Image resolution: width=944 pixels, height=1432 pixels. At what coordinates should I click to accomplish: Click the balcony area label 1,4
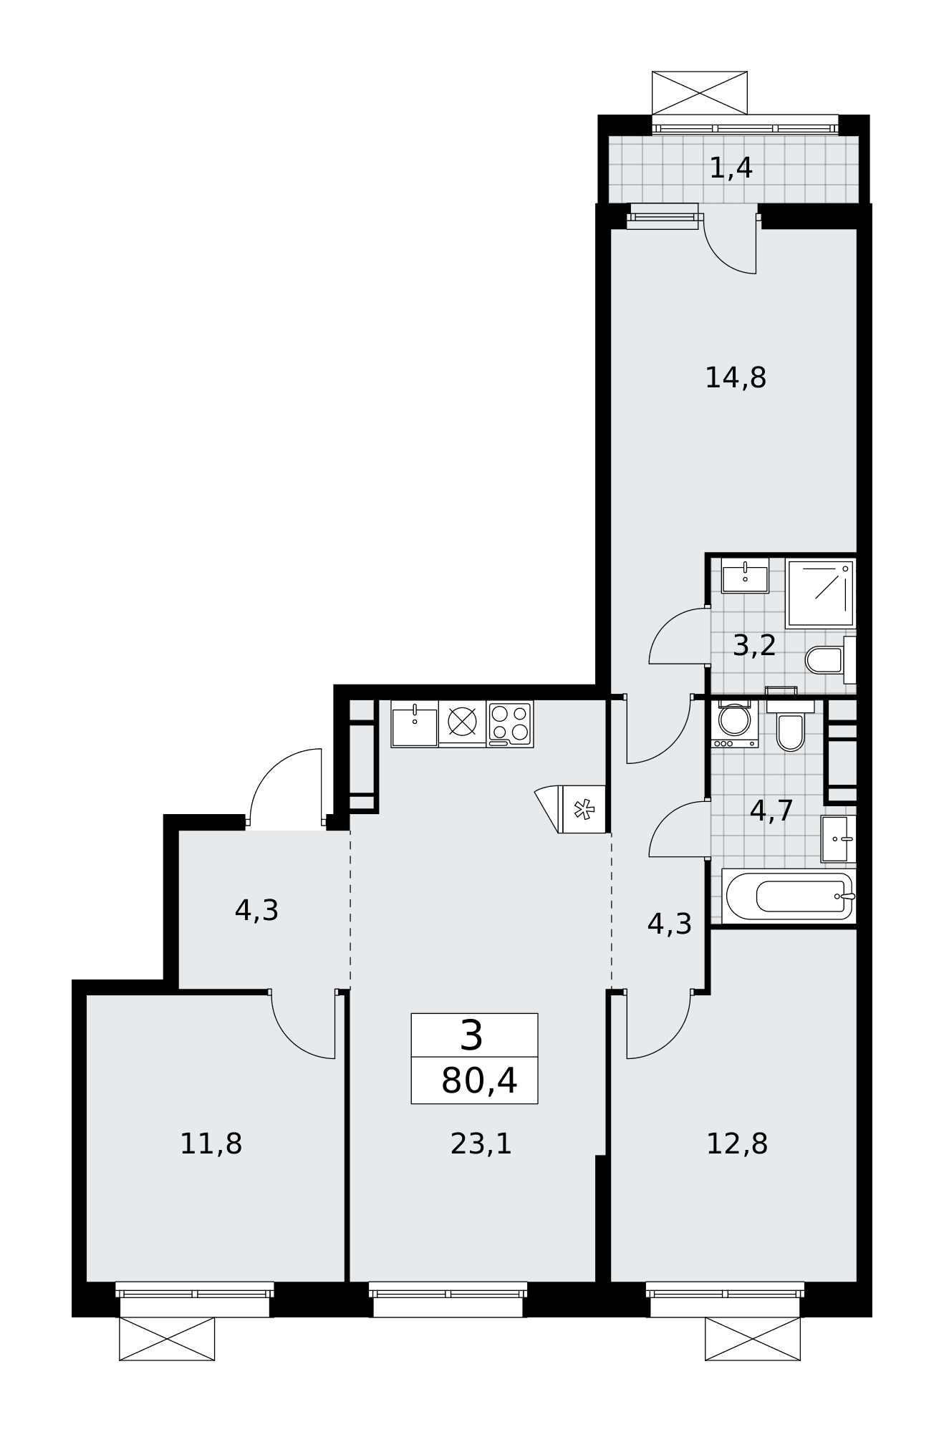point(731,168)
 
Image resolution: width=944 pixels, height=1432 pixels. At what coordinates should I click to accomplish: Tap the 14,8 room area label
point(736,377)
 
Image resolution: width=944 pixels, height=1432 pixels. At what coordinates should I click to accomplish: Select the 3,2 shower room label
point(754,646)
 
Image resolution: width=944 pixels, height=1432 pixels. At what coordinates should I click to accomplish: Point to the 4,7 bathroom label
point(771,811)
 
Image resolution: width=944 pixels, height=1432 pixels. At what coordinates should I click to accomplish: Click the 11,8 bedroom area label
point(211,1143)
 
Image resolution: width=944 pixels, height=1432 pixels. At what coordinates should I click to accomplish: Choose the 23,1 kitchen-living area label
point(481,1143)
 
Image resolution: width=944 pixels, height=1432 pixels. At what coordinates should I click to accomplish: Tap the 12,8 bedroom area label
point(737,1143)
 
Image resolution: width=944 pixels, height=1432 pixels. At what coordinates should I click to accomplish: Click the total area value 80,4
point(478,1080)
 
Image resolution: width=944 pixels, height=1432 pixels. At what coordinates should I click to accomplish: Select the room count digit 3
point(471,1035)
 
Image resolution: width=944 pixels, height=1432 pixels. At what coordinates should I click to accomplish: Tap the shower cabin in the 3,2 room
point(821,594)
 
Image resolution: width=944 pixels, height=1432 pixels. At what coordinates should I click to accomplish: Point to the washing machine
point(735,724)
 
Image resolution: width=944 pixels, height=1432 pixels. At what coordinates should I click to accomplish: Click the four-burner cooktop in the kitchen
point(510,724)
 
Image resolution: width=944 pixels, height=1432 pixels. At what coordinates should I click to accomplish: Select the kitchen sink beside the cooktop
point(415,724)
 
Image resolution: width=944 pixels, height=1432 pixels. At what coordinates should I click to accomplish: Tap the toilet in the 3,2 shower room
point(831,659)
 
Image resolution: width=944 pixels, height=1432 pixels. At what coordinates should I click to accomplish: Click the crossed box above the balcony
point(700,93)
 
